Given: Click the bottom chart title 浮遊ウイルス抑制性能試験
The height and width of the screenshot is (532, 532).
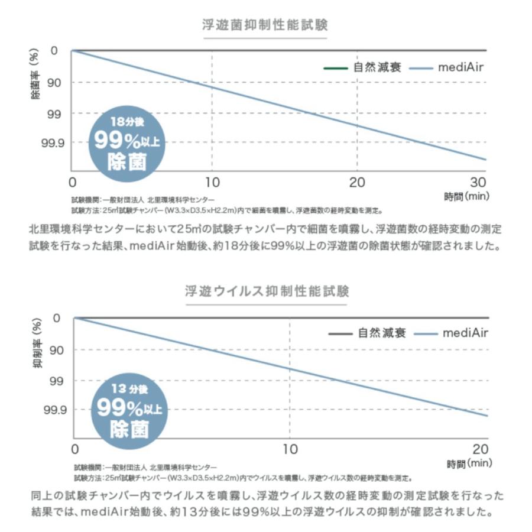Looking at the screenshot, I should coord(266,291).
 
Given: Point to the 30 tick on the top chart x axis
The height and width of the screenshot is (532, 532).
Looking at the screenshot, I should coord(478,181).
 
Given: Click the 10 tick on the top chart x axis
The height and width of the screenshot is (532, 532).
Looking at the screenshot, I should coord(212,181).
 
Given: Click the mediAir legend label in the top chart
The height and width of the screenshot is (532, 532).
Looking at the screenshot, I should coord(461,67).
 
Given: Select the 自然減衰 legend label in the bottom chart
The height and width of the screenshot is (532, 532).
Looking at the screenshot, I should coord(382,333).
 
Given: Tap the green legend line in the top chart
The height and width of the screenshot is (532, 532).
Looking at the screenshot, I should coord(336,67).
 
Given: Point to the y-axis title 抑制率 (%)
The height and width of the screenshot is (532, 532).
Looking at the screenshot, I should coord(37,343).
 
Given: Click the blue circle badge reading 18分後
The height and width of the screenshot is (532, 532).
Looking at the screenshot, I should coord(126,142).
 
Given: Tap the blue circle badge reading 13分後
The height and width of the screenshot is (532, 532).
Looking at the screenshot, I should coord(129,408).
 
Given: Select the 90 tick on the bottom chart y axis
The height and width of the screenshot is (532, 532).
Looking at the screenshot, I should coord(61,350).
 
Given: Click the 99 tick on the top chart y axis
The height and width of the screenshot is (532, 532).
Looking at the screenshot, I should coord(59,113).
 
